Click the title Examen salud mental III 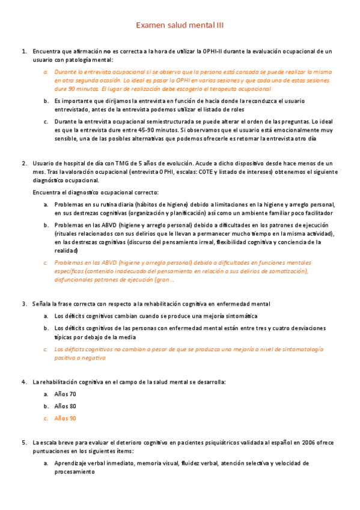click(x=180, y=25)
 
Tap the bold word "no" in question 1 click(x=107, y=52)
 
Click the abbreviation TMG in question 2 click(x=113, y=164)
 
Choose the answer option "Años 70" click(x=65, y=394)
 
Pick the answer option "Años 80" click(x=65, y=406)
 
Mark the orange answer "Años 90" click(x=65, y=418)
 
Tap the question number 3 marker click(x=24, y=304)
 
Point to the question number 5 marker click(x=24, y=443)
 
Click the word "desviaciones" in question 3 click(x=304, y=328)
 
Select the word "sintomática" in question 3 click(x=237, y=316)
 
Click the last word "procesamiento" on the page click(x=75, y=472)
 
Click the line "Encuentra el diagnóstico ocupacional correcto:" click(x=96, y=192)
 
